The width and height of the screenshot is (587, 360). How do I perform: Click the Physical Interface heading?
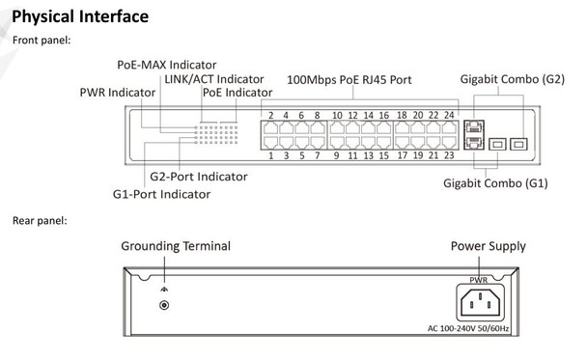pyautogui.click(x=80, y=16)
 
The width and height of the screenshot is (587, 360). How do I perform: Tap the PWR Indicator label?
pyautogui.click(x=120, y=93)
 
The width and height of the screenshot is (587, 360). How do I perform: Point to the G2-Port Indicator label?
pyautogui.click(x=198, y=177)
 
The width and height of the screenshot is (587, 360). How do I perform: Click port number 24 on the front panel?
pyautogui.click(x=449, y=116)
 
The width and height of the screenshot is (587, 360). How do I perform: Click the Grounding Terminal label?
pyautogui.click(x=175, y=247)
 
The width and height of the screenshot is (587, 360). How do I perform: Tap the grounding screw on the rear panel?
pyautogui.click(x=164, y=305)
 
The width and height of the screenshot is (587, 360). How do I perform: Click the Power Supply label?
pyautogui.click(x=488, y=247)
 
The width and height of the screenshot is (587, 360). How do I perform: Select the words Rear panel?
pyautogui.click(x=41, y=220)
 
